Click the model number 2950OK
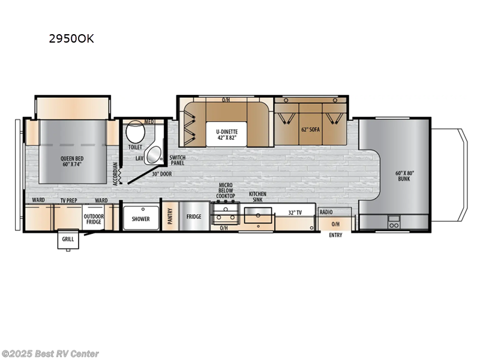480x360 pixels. (x=71, y=40)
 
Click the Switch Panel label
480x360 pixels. (x=178, y=160)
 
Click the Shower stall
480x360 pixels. (x=140, y=218)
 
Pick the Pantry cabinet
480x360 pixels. (x=170, y=215)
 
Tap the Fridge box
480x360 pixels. (x=193, y=217)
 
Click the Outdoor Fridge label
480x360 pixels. (x=93, y=220)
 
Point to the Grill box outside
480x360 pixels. (x=67, y=240)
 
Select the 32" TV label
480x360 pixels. (x=294, y=212)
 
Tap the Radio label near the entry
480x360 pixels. (x=326, y=212)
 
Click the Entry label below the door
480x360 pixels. (x=335, y=235)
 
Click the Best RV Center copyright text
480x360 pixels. (x=51, y=354)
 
